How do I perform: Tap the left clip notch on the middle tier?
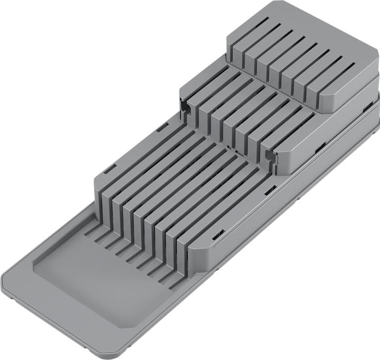click(x=185, y=108)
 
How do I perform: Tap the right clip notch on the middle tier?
click(x=271, y=157)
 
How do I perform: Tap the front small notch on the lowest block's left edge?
click(x=109, y=169)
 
